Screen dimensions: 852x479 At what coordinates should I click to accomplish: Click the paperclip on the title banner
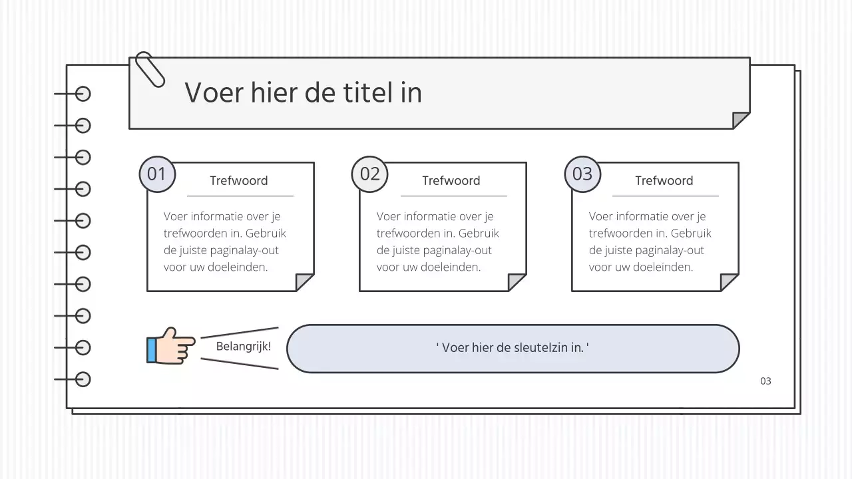pos(149,69)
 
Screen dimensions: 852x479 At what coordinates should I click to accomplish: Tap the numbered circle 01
pos(156,174)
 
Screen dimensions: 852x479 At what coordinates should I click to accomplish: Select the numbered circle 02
pos(369,174)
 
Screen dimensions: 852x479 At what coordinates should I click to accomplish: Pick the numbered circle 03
pos(582,174)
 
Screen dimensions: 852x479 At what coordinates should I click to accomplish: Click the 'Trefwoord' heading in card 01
pos(239,181)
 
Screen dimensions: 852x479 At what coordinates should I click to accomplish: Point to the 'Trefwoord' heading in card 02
pos(451,181)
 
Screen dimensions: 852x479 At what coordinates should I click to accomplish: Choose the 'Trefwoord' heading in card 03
pos(664,181)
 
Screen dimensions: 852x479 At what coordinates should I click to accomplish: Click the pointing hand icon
pos(170,345)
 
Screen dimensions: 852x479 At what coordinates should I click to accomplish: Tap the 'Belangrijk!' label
pos(244,347)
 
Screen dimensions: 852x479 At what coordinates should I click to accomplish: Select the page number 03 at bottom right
pos(765,381)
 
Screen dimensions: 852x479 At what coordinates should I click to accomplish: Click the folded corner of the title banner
pos(740,120)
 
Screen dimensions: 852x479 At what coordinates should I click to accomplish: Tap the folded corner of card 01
pos(304,282)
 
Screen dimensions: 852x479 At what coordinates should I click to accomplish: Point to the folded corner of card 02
pos(517,282)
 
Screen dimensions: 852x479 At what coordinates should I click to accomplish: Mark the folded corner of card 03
pos(729,282)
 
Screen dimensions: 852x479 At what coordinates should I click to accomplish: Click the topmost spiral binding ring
pos(83,94)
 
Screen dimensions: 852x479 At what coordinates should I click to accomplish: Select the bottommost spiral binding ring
pos(83,379)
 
